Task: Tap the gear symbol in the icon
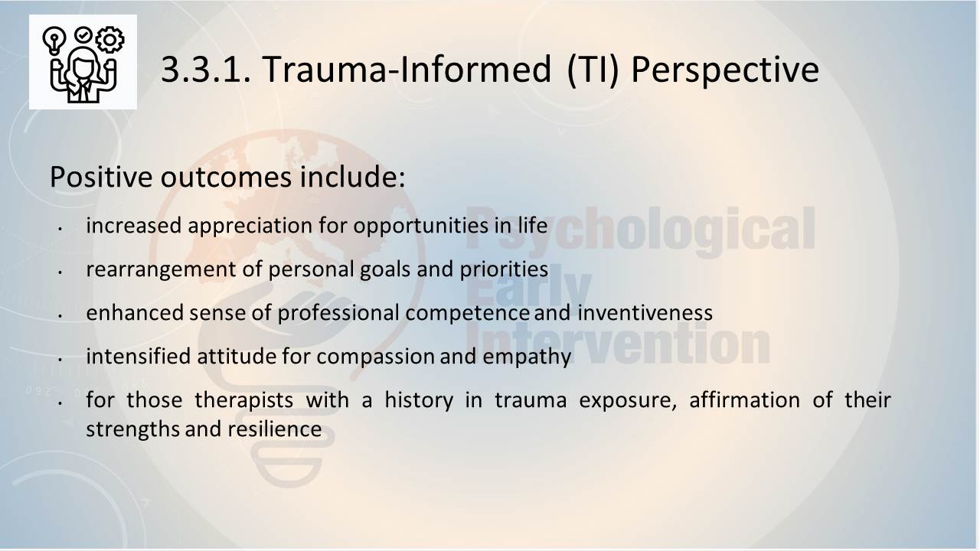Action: (x=109, y=40)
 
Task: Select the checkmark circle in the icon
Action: (x=83, y=35)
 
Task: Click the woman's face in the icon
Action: (x=83, y=67)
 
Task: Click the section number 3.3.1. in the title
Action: (x=207, y=70)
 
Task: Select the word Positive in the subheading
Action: (x=101, y=178)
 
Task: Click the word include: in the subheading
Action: (x=353, y=177)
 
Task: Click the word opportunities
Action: (x=420, y=227)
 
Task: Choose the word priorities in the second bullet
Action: (x=504, y=269)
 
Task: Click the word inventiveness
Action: (x=645, y=313)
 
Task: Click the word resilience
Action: (x=275, y=429)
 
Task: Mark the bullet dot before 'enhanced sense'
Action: (x=60, y=315)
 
